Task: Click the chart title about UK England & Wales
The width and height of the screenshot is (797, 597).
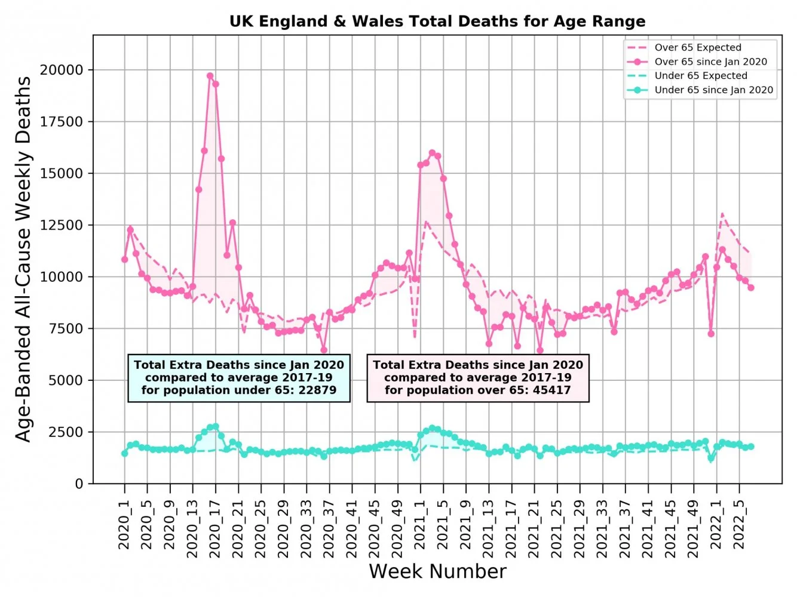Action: [x=437, y=21]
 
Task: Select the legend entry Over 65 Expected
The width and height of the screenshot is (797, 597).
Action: [x=697, y=48]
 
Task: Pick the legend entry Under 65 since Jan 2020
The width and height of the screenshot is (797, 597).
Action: [x=713, y=90]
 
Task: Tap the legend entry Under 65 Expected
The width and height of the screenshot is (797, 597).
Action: [x=700, y=76]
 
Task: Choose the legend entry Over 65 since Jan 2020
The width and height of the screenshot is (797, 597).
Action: [x=710, y=61]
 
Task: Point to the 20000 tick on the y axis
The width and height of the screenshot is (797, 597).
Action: [x=62, y=70]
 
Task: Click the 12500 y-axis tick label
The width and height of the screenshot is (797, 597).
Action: [x=62, y=225]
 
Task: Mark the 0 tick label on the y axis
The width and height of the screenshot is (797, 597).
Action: [x=79, y=484]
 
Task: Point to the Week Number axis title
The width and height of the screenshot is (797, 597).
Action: [x=437, y=571]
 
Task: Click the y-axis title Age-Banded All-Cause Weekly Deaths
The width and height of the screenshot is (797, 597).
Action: [x=23, y=259]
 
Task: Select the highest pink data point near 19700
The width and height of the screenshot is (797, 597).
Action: [x=210, y=76]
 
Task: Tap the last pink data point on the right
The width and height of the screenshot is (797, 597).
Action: [x=751, y=288]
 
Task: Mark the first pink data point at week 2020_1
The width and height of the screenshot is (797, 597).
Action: [x=124, y=260]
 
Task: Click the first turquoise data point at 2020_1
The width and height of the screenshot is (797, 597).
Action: [x=124, y=454]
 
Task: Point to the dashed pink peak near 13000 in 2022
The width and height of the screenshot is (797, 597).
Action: [x=722, y=213]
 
